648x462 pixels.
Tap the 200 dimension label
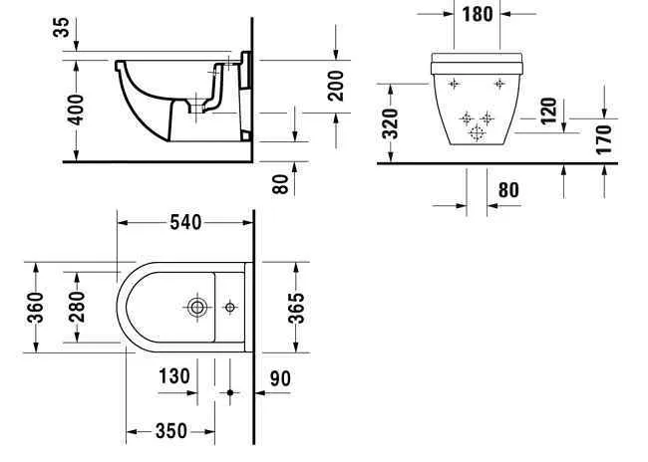336,87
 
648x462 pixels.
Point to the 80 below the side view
280,183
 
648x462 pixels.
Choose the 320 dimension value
391,122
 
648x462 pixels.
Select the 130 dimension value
173,376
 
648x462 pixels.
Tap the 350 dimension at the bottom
170,431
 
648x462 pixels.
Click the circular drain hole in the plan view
198,307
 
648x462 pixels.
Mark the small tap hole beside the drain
230,307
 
